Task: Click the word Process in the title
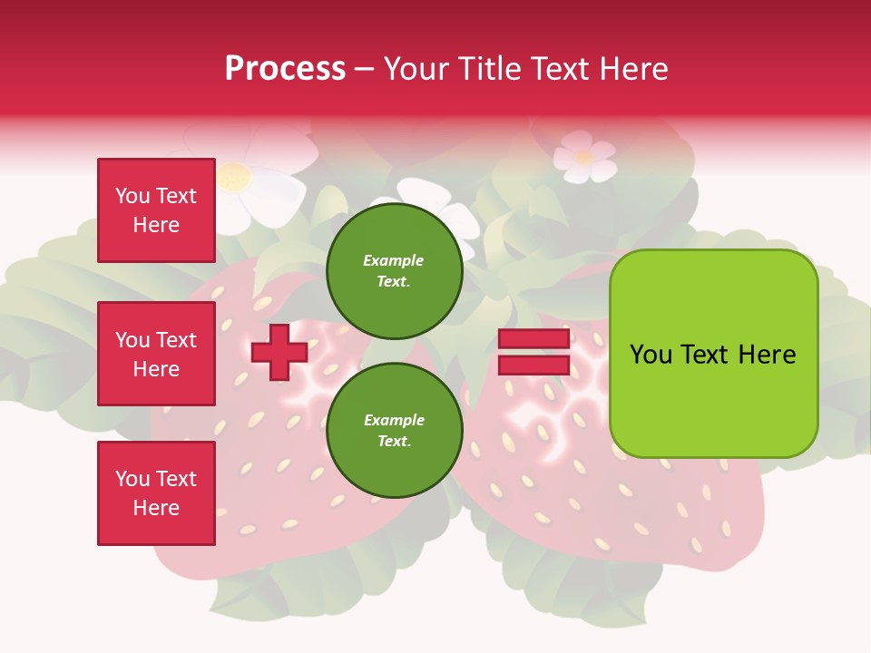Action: (285, 69)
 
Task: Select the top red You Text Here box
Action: (156, 210)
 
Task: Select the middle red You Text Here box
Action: (156, 354)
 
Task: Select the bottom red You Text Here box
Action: (156, 493)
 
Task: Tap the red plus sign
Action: (279, 352)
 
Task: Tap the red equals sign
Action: (533, 352)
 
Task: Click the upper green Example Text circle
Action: (395, 271)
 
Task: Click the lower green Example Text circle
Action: (395, 431)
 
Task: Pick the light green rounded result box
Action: (713, 354)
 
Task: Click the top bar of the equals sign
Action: (533, 339)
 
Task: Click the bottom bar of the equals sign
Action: (533, 365)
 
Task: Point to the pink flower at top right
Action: (584, 156)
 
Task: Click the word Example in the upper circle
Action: (394, 260)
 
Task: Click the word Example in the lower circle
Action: (394, 420)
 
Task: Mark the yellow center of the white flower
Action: (234, 176)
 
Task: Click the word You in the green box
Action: (651, 355)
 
